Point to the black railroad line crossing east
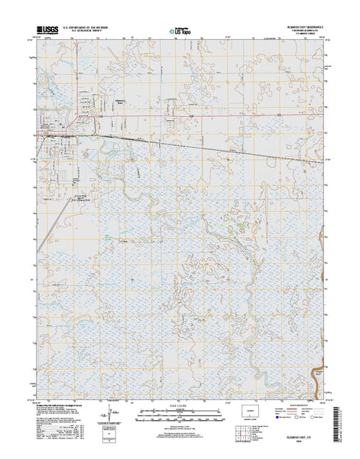tap(229, 145)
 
